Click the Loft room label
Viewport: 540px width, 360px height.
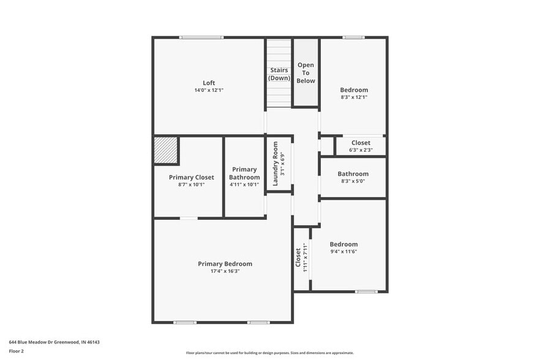coord(209,83)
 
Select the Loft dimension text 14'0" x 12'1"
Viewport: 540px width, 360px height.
coord(209,90)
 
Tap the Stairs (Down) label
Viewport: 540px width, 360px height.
coord(279,74)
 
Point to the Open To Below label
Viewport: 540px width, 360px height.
coord(306,72)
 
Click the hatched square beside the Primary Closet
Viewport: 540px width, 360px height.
coord(165,149)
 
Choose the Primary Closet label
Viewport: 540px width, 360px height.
coord(191,177)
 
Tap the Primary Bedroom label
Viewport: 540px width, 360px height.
coord(225,264)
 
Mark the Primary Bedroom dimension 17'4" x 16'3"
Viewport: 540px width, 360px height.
coord(225,271)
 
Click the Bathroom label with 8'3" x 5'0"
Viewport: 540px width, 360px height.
coord(353,174)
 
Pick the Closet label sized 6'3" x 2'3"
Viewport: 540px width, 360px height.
coord(361,143)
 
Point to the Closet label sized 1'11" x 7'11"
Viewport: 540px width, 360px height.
coord(298,257)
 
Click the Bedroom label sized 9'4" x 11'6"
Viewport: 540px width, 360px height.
coord(343,244)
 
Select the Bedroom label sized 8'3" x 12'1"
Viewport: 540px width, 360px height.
coord(354,90)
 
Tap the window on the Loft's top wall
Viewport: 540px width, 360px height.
coord(201,37)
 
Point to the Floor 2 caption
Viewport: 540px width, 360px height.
coord(17,351)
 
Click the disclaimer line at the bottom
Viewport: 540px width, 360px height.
coord(269,353)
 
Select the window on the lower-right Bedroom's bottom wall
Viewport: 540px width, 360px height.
coord(366,291)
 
